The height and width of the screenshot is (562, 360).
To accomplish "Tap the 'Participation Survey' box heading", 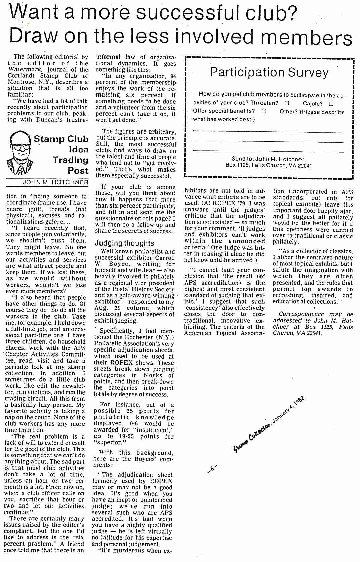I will (x=269, y=72).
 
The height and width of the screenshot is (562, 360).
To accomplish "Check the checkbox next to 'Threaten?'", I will (x=287, y=103).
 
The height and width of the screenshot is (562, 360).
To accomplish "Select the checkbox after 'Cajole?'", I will (x=331, y=103).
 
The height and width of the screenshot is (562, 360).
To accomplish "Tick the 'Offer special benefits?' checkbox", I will (x=264, y=111).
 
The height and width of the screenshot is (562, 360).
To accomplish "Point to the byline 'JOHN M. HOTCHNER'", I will (x=55, y=182).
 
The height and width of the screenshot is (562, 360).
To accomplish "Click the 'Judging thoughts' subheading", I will (x=124, y=243).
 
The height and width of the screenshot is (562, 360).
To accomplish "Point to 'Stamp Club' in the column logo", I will (x=61, y=139).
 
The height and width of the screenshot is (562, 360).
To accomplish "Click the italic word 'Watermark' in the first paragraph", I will (x=22, y=70).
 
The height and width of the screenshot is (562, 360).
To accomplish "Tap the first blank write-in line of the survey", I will (x=269, y=132).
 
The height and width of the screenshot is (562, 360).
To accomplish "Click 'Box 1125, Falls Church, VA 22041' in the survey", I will (x=269, y=165).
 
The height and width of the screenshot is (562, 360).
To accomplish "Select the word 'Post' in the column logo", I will (x=78, y=171).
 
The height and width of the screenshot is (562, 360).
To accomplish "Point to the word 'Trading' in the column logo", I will (x=70, y=160).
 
